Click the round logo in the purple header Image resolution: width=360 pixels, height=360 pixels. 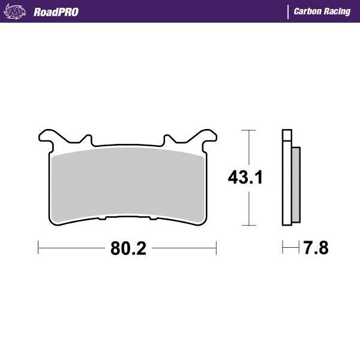[x=16, y=11]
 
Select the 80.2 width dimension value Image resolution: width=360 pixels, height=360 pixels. [x=128, y=247]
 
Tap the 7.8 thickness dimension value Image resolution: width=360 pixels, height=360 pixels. [x=315, y=247]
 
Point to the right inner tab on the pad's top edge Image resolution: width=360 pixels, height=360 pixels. [x=167, y=140]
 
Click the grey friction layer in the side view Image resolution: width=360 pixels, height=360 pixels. [x=296, y=184]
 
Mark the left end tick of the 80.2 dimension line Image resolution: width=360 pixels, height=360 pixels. [x=38, y=247]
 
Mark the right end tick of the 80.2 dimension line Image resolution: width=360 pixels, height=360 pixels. [x=217, y=247]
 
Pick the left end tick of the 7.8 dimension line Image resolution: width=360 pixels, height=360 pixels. [x=283, y=247]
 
